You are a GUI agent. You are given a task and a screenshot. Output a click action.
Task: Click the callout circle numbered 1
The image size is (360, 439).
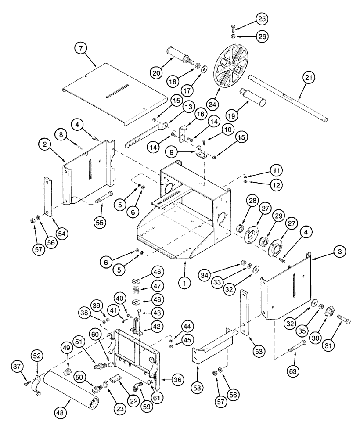click(185, 283)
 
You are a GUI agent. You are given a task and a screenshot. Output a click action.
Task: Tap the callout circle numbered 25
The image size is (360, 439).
click(263, 19)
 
